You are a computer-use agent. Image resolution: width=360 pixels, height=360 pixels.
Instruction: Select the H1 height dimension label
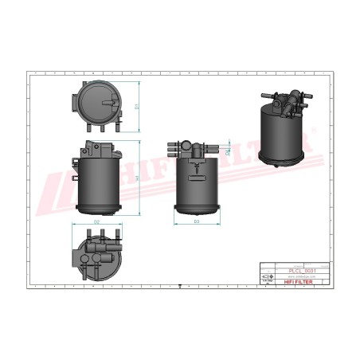click(x=138, y=178)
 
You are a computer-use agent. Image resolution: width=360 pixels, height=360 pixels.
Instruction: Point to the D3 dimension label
click(x=197, y=221)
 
